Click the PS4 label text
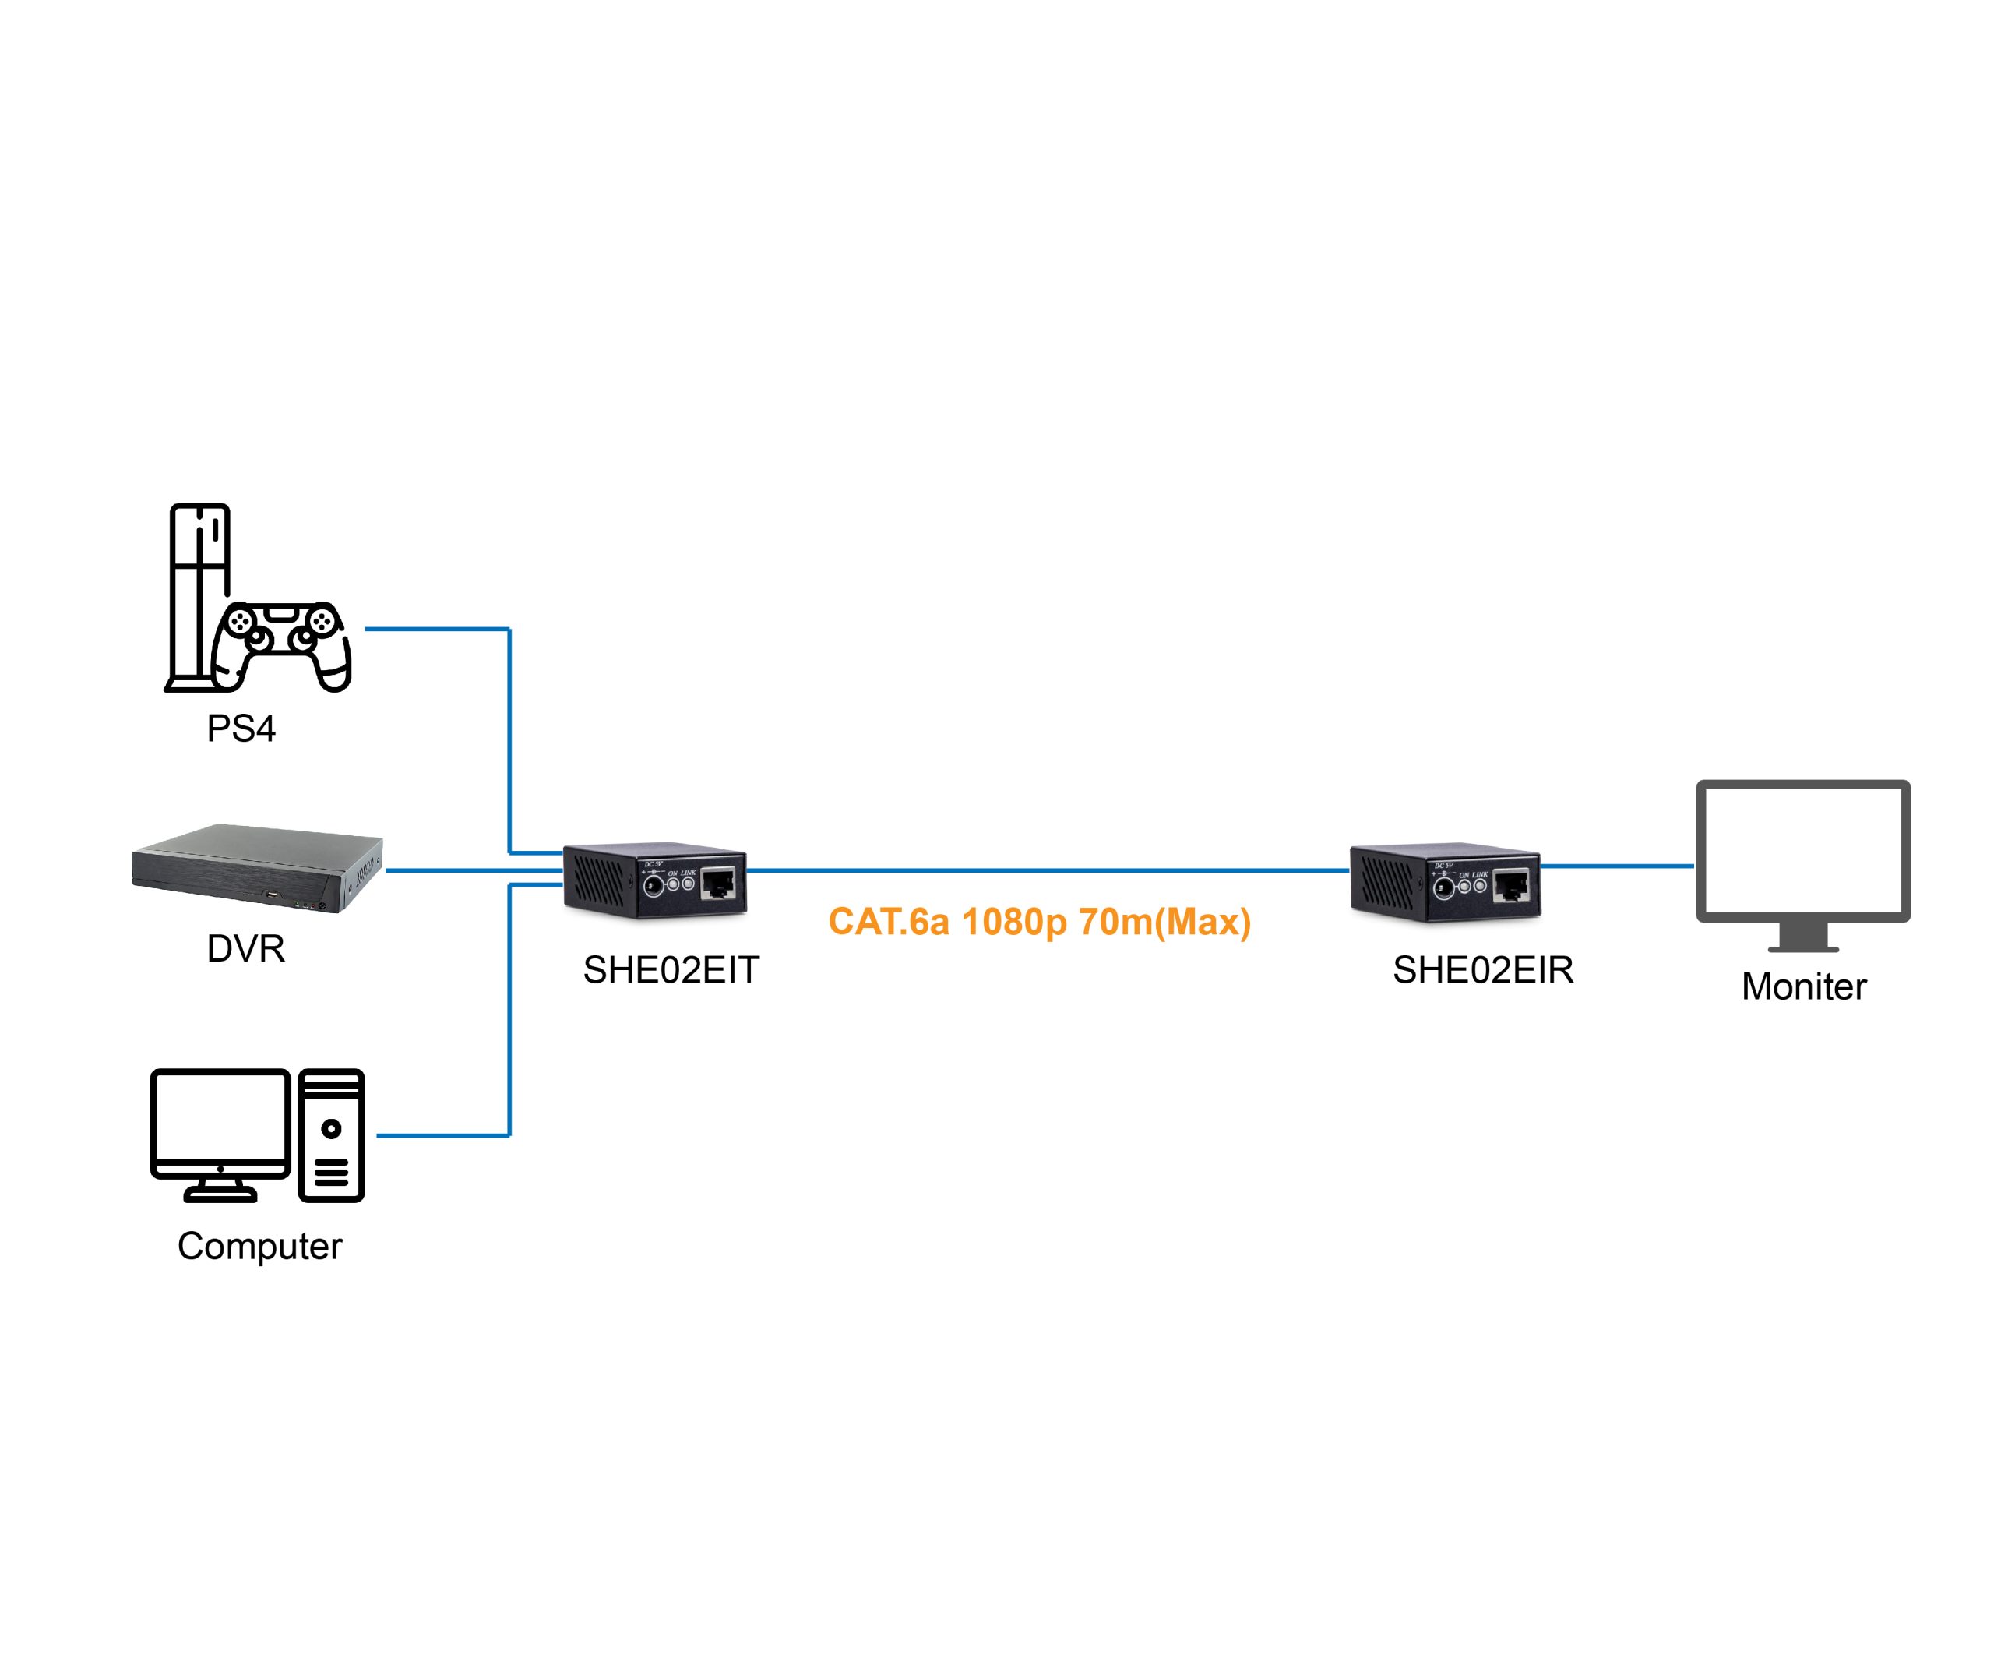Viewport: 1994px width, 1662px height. [x=241, y=729]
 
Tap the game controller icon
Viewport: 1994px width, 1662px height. [x=281, y=646]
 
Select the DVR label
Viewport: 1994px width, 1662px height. [x=246, y=947]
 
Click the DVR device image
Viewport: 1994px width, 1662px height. [x=257, y=868]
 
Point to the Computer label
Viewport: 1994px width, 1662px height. [x=259, y=1246]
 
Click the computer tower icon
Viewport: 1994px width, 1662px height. [x=331, y=1135]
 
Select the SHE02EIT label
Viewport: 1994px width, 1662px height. [x=671, y=969]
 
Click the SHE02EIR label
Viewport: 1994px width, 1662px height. [x=1483, y=969]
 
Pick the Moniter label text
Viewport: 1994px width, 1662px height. [x=1803, y=986]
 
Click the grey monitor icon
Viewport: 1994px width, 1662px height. [x=1803, y=865]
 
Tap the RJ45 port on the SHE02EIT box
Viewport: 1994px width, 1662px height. [x=719, y=884]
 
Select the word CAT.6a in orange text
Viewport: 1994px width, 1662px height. [x=889, y=921]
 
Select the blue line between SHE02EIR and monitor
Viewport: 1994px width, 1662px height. [x=1617, y=865]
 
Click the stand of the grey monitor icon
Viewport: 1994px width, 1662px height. [x=1803, y=937]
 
